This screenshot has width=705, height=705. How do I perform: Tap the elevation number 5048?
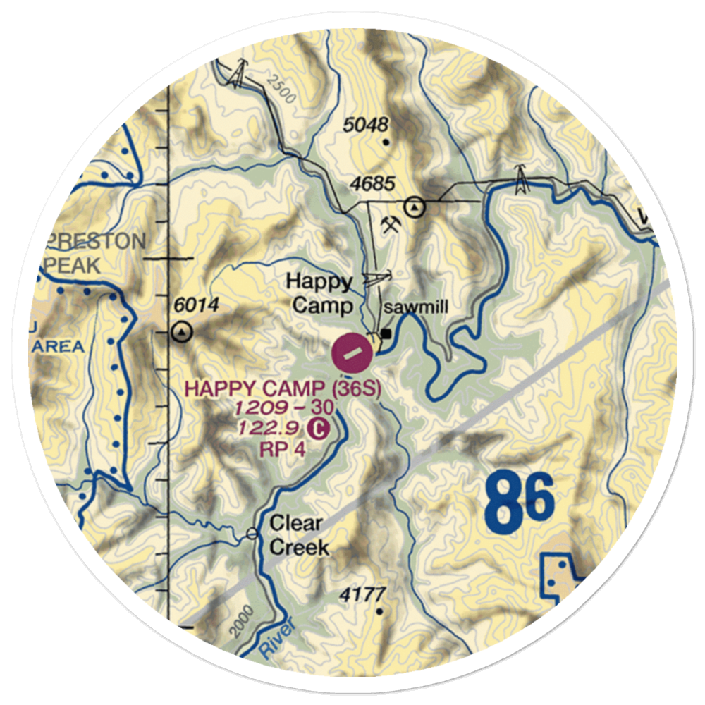click(367, 125)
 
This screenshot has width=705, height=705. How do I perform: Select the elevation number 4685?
click(374, 184)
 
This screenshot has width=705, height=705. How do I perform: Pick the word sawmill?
click(415, 307)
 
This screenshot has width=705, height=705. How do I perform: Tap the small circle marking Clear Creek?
click(252, 534)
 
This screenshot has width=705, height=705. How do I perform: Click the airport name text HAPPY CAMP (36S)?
click(283, 388)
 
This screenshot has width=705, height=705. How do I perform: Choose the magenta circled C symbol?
click(319, 427)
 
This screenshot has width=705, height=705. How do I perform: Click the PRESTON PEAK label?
click(95, 254)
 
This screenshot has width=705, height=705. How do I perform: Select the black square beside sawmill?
click(386, 332)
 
